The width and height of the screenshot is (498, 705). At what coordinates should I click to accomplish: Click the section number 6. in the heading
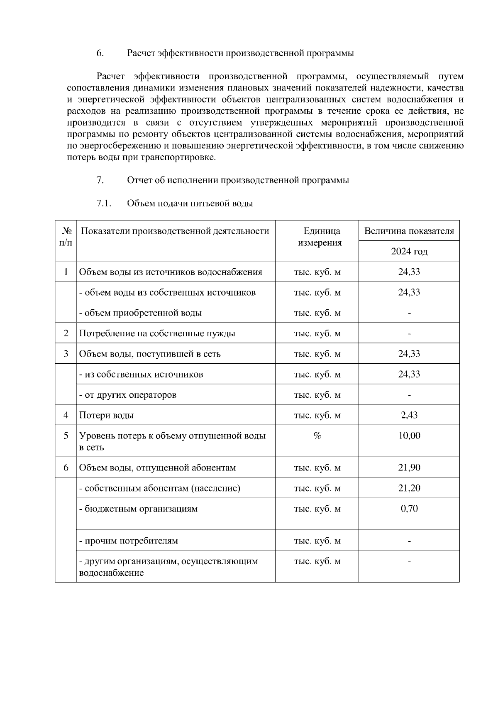pyautogui.click(x=100, y=53)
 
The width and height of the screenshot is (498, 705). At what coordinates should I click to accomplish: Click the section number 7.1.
pyautogui.click(x=104, y=203)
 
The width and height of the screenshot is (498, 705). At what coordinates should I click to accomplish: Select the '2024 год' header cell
pyautogui.click(x=409, y=251)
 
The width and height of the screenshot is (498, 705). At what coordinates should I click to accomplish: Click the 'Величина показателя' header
pyautogui.click(x=409, y=231)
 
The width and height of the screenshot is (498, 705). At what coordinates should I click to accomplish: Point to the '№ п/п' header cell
pyautogui.click(x=66, y=237)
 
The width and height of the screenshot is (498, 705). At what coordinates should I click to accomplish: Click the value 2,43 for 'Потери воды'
pyautogui.click(x=409, y=415)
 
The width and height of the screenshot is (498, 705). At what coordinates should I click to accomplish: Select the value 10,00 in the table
pyautogui.click(x=409, y=436)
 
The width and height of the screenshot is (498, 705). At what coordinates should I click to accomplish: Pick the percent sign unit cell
pyautogui.click(x=317, y=436)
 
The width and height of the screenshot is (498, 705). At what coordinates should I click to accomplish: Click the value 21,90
pyautogui.click(x=409, y=468)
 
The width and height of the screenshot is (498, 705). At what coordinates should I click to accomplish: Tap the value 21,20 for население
pyautogui.click(x=409, y=488)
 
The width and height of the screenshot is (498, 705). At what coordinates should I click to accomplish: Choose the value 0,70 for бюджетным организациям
pyautogui.click(x=409, y=509)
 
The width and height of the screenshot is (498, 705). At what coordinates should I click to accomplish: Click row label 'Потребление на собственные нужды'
pyautogui.click(x=157, y=333)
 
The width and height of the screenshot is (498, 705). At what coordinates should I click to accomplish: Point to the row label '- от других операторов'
pyautogui.click(x=128, y=395)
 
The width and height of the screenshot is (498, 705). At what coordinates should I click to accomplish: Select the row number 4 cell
pyautogui.click(x=66, y=415)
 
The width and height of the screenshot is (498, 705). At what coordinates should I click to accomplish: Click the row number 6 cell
pyautogui.click(x=66, y=468)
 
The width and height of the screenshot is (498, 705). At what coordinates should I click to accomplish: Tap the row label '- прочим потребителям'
pyautogui.click(x=129, y=541)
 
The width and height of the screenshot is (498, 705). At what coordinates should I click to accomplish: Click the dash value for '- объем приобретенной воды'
pyautogui.click(x=409, y=313)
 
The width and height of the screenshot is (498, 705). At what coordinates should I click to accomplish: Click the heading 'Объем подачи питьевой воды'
pyautogui.click(x=190, y=203)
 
